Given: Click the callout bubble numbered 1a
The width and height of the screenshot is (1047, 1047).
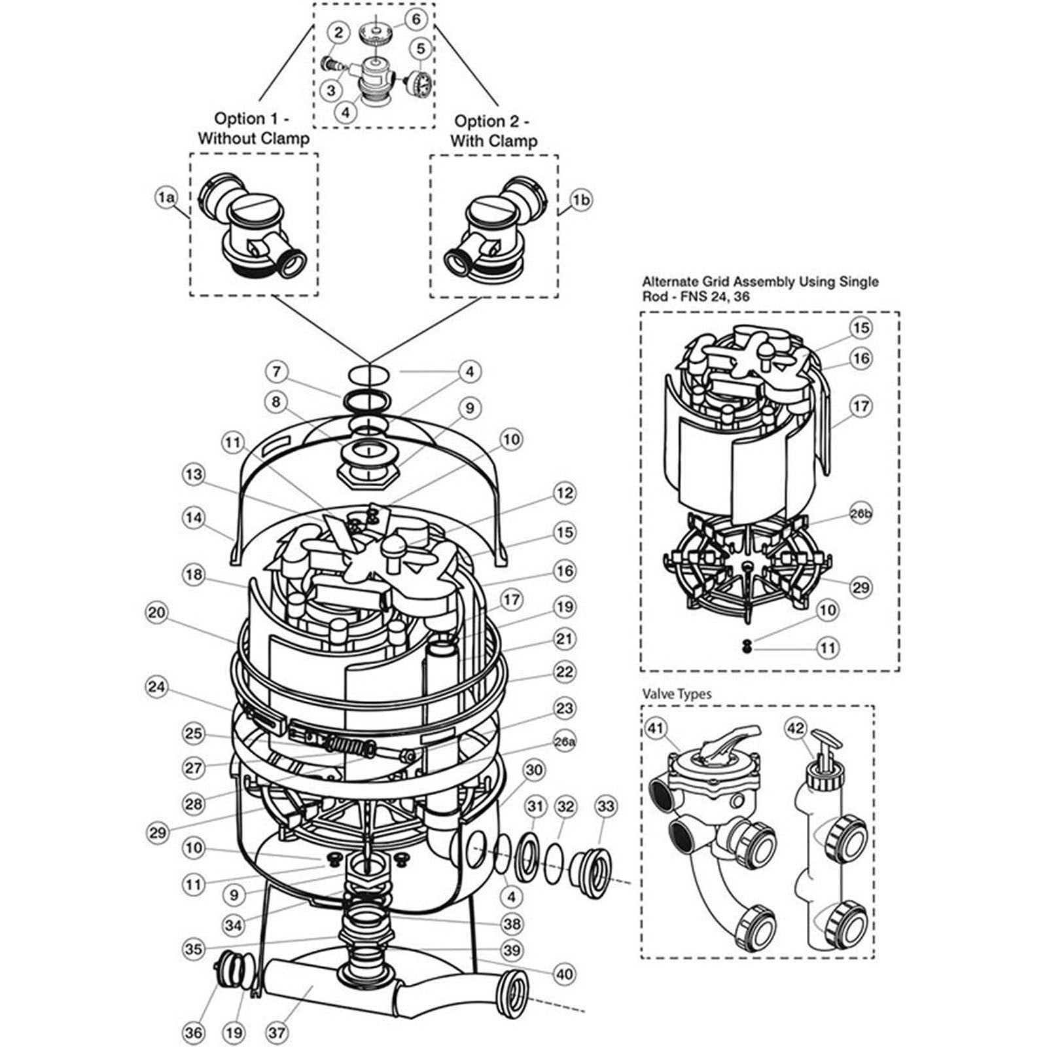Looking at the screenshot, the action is pos(166,197).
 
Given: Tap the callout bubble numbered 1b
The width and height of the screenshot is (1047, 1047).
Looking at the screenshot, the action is pos(580,200).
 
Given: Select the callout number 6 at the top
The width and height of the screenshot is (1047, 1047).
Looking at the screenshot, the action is pos(416,19).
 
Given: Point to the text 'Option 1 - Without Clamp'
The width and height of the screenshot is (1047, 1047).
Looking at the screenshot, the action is pos(253,128).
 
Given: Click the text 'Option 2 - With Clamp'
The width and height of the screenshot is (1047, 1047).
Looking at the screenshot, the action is pos(493,131).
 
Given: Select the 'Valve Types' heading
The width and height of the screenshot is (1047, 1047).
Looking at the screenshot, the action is pos(677,694).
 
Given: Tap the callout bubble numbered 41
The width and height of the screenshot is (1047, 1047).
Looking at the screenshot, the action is pos(657,728).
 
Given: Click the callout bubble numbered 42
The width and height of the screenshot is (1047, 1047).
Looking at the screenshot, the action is pos(795,728).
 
